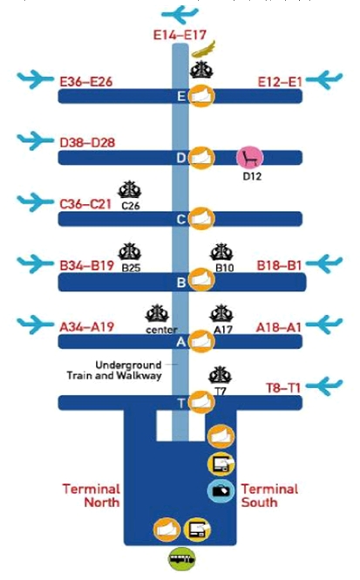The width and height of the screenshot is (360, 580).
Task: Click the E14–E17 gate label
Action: pos(180,35)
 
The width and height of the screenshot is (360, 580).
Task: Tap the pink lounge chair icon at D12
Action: pos(250,158)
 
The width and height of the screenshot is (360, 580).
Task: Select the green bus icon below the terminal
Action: pos(182,560)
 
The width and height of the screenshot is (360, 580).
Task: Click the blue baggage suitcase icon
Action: pos(221,490)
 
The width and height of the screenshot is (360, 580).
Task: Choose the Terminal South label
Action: pos(270,495)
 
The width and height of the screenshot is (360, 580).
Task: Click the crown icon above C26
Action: pos(130,189)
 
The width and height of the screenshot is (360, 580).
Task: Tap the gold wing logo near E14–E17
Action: pos(203,49)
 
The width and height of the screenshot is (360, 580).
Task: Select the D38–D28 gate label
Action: pos(87,142)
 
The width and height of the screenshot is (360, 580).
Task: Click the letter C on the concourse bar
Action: pos(180,219)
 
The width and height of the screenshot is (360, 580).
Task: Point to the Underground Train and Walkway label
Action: pos(114,371)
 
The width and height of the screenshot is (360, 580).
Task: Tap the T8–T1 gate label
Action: pos(283,388)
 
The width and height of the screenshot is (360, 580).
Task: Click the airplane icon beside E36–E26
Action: pos(36,78)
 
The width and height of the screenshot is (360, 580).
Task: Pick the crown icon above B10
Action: pos(221,253)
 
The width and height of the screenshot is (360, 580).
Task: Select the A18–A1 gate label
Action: pos(279,327)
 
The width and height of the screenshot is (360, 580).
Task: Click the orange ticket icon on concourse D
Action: pos(201,158)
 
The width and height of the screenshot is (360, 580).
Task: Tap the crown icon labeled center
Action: pos(157,314)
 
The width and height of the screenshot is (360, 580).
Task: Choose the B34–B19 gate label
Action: pos(87,266)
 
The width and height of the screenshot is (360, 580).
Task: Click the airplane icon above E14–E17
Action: pos(180,15)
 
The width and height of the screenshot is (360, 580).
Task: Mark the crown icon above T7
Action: pos(220,375)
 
